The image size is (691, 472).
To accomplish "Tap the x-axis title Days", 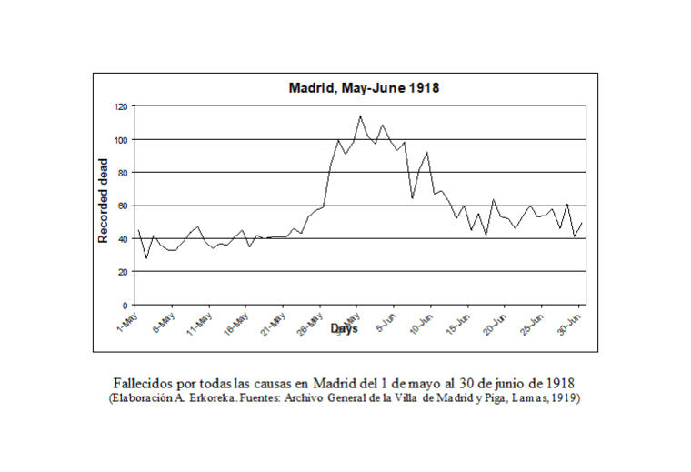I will pos(345,328).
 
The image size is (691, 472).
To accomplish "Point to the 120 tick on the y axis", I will pos(121,106).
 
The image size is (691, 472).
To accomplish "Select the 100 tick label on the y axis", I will pos(121,139).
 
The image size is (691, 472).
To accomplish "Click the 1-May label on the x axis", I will pos(125,322).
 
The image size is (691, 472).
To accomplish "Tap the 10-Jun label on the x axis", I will pos(421,324).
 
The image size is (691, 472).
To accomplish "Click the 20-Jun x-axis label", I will pos(495,324).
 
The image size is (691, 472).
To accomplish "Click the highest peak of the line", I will pos(360,116).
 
